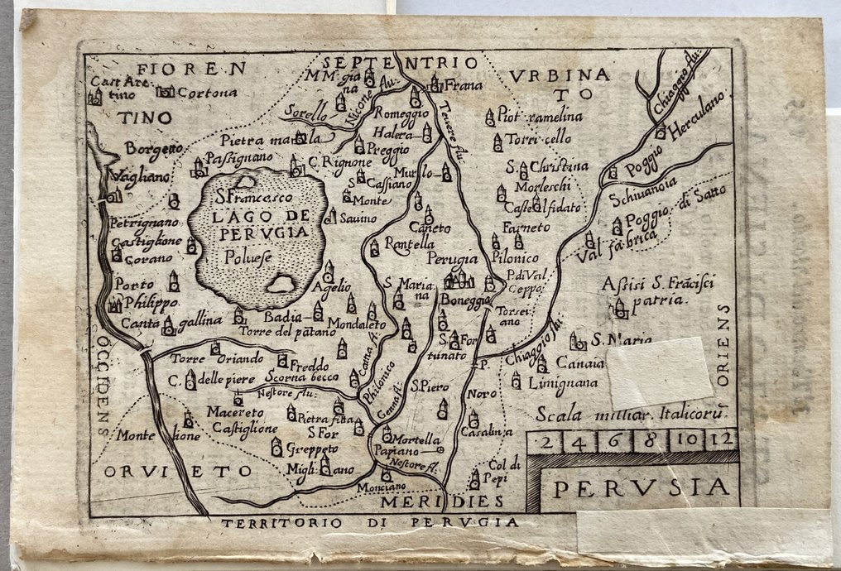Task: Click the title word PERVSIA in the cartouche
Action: [x=641, y=488]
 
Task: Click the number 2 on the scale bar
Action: [x=546, y=440]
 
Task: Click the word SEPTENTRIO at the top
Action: [x=401, y=63]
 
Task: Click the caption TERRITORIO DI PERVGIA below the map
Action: [x=371, y=522]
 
